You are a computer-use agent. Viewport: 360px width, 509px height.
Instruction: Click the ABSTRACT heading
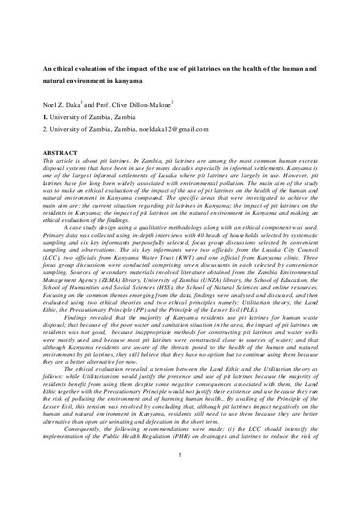coord(61,152)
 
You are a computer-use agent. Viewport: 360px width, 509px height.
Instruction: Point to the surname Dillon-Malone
coord(148,105)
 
